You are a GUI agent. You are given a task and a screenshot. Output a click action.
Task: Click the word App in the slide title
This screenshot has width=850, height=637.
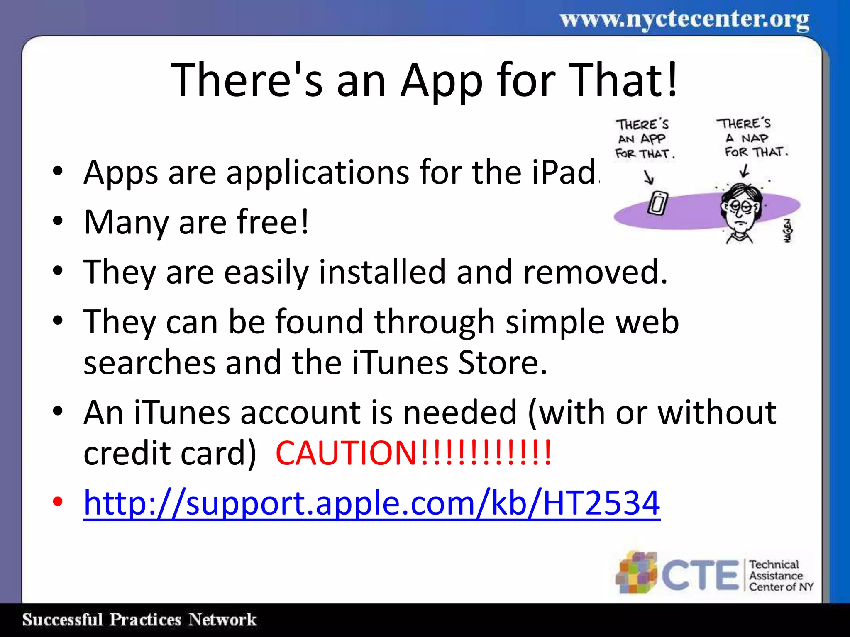click(442, 81)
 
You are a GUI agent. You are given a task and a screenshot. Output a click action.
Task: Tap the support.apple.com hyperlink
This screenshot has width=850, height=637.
click(371, 503)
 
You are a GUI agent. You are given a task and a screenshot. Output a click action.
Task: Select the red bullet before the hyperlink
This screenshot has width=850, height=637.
click(58, 501)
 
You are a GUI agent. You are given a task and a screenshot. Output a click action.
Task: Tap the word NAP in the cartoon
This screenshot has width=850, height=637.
click(755, 138)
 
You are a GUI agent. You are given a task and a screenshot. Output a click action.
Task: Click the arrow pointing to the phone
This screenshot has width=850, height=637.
click(649, 177)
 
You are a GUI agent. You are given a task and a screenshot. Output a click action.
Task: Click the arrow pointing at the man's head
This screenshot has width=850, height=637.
click(745, 170)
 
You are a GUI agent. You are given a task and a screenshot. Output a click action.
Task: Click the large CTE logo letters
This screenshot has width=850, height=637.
click(700, 575)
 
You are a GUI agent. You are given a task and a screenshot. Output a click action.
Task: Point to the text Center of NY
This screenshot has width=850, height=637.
click(781, 587)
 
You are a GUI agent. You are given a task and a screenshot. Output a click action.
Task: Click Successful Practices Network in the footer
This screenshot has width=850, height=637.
click(139, 620)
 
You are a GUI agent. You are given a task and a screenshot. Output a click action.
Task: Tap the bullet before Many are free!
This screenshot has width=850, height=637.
click(58, 221)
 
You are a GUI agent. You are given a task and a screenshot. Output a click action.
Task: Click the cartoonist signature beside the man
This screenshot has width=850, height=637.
click(788, 231)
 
